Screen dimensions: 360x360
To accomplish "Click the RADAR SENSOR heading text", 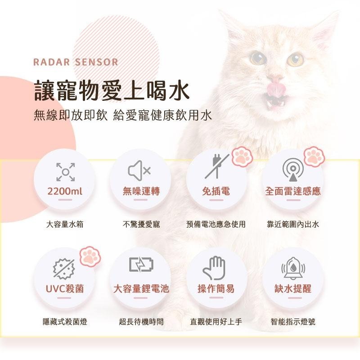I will pyautogui.click(x=76, y=62).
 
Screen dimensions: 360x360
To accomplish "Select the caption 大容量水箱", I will pyautogui.click(x=65, y=224).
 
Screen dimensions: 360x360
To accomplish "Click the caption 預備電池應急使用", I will pyautogui.click(x=216, y=224).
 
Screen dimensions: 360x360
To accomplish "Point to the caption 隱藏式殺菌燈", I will pyautogui.click(x=65, y=322).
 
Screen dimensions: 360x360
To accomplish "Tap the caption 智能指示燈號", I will pyautogui.click(x=293, y=322).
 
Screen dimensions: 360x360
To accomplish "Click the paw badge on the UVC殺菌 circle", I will pyautogui.click(x=90, y=256).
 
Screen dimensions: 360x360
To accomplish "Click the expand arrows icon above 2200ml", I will pyautogui.click(x=65, y=171).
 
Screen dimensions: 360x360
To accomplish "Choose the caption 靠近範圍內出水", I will pyautogui.click(x=293, y=224).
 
